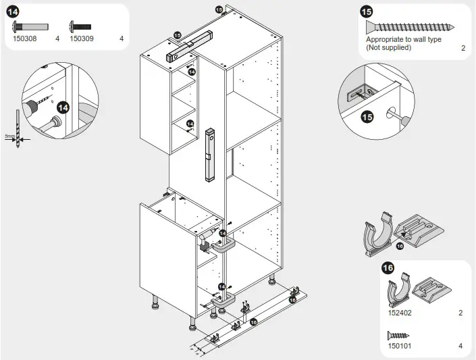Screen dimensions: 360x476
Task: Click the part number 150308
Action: (x=26, y=38)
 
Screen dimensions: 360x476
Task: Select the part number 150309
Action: (x=82, y=38)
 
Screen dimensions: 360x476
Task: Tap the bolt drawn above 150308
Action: (x=30, y=27)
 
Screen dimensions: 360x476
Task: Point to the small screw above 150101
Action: (x=399, y=334)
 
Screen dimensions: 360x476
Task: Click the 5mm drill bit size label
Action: (x=9, y=136)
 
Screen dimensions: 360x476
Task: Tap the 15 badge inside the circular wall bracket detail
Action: (x=367, y=117)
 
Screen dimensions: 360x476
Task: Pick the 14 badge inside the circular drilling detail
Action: (x=63, y=107)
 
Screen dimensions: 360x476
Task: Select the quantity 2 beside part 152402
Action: (x=460, y=313)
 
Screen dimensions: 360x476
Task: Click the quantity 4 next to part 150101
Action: (x=460, y=346)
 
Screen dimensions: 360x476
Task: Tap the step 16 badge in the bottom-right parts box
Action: (x=388, y=268)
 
